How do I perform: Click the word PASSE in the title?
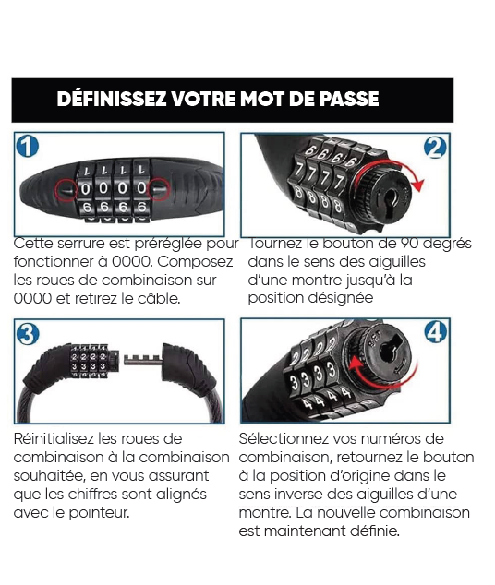click(x=349, y=99)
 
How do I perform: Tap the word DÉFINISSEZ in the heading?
click(x=112, y=99)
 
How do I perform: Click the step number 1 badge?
click(x=28, y=146)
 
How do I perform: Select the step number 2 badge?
click(x=435, y=148)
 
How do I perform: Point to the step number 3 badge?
click(x=28, y=334)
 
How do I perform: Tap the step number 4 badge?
click(x=436, y=331)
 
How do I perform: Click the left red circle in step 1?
click(x=66, y=190)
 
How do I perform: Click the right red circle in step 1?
click(x=160, y=189)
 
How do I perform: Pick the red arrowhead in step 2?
click(x=419, y=185)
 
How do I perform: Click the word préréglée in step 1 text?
click(x=167, y=244)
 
